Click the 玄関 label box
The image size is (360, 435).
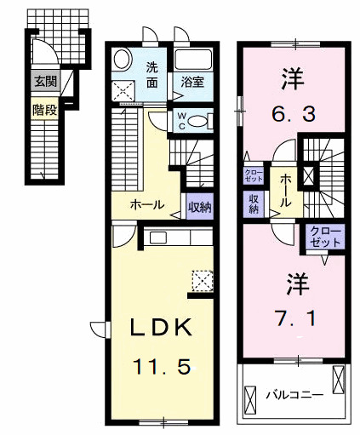point(44,82)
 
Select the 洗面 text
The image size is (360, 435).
point(152,75)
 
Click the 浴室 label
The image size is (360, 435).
point(191,83)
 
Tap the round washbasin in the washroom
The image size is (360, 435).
point(122,60)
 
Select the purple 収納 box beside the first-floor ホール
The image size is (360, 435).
point(199,206)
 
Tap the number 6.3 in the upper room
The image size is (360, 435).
point(293,112)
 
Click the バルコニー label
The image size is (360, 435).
point(292,394)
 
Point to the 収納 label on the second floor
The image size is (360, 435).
point(254,203)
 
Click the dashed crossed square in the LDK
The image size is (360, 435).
point(203,280)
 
